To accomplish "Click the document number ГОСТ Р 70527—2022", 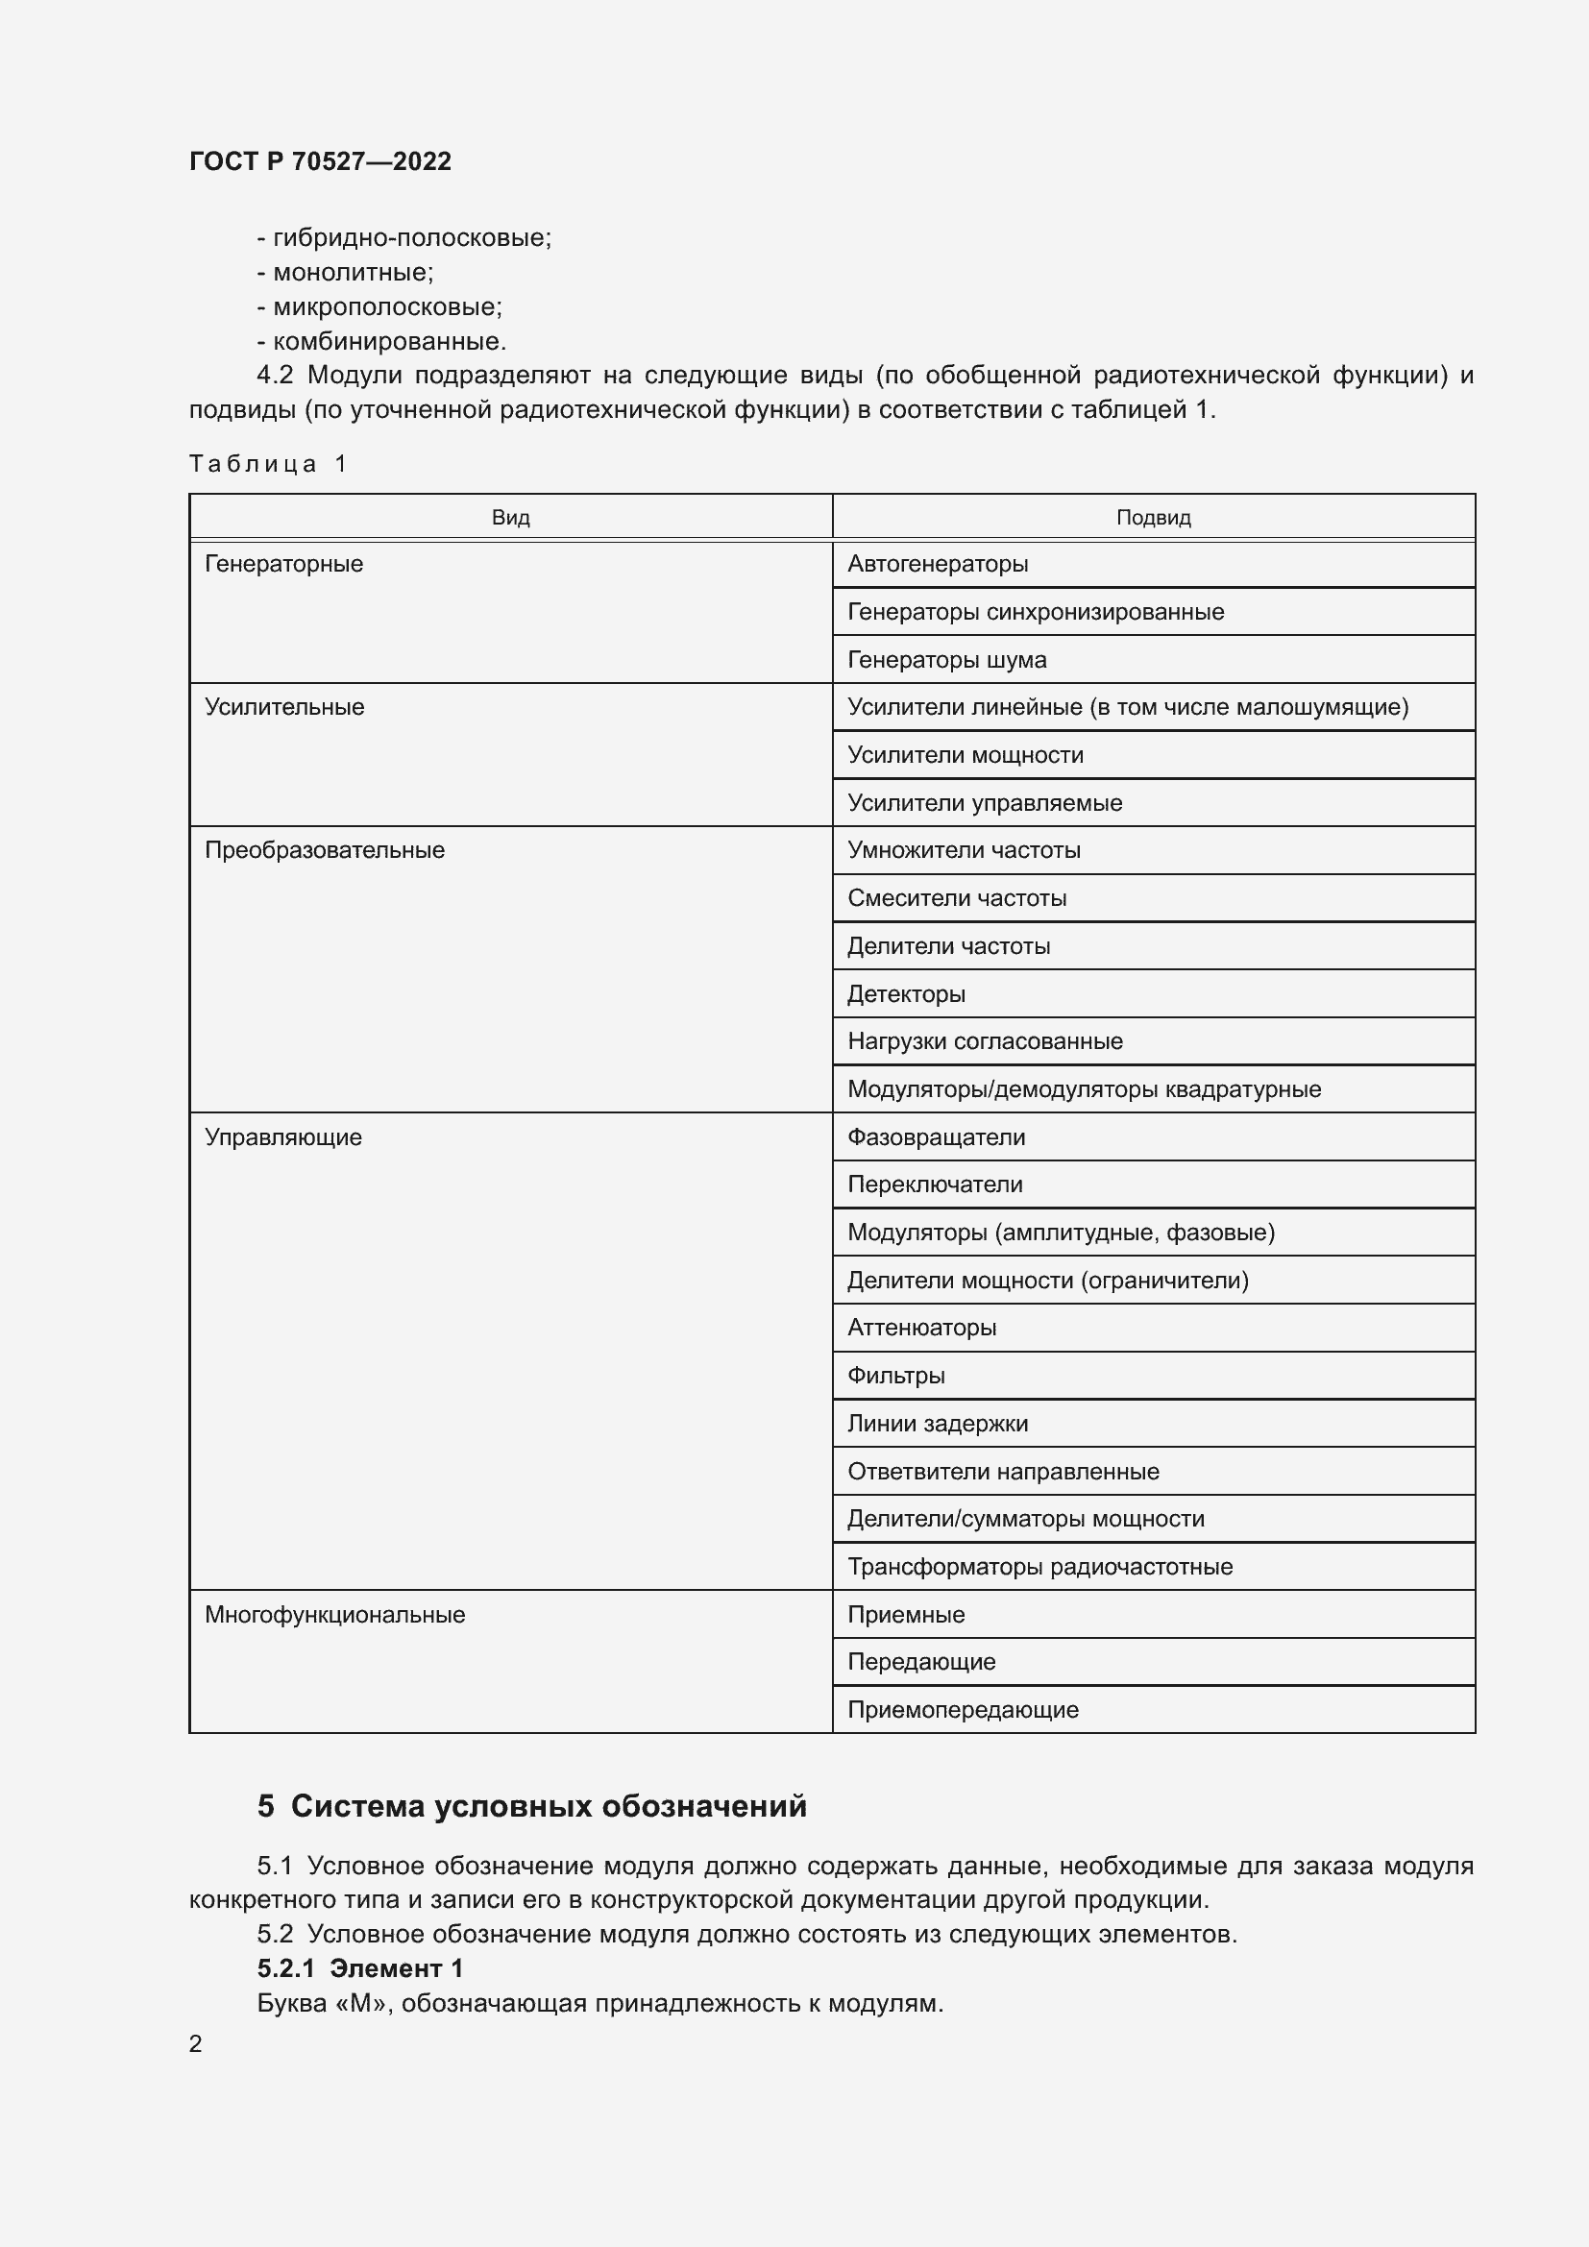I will [x=320, y=161].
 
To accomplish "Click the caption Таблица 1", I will [x=268, y=463].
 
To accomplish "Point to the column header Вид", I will [x=510, y=518].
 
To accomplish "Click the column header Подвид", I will [x=1153, y=518].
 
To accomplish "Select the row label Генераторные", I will [x=283, y=564].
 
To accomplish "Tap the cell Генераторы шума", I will [x=946, y=660].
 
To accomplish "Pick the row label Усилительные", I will [x=283, y=707].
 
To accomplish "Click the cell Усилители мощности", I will [x=965, y=754].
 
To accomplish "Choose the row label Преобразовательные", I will [x=324, y=849].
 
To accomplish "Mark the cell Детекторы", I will [x=905, y=994].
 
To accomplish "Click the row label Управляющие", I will [x=282, y=1137].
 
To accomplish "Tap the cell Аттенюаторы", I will [x=920, y=1327].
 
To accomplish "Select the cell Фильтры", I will [x=895, y=1375].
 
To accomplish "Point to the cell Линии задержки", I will [x=937, y=1423].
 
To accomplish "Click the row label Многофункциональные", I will [x=334, y=1615].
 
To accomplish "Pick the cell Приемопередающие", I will [x=962, y=1710].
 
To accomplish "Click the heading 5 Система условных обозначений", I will [x=531, y=1806].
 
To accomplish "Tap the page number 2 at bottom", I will [x=196, y=2043].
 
